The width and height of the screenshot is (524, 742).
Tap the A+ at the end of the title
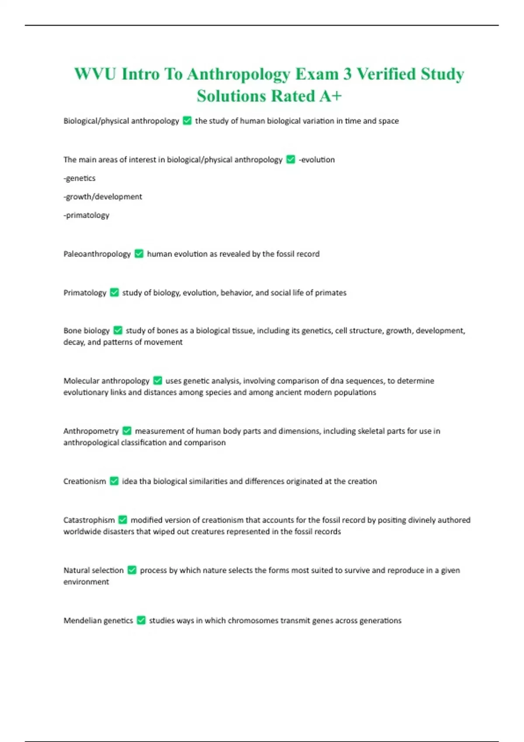pyautogui.click(x=330, y=96)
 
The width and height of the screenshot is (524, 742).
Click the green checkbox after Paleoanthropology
pyautogui.click(x=139, y=254)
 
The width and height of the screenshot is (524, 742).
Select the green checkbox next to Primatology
pyautogui.click(x=114, y=292)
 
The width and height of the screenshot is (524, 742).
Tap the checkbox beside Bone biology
pyautogui.click(x=118, y=330)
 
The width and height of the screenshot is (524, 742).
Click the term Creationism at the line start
pyautogui.click(x=85, y=481)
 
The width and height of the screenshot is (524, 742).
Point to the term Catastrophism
pyautogui.click(x=89, y=520)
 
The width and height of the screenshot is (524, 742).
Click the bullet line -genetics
pyautogui.click(x=79, y=178)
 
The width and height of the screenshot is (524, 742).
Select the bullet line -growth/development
pyautogui.click(x=103, y=196)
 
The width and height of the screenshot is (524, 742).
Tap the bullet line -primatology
pyautogui.click(x=86, y=215)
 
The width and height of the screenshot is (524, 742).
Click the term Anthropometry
pyautogui.click(x=91, y=431)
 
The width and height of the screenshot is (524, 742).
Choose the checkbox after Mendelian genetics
pyautogui.click(x=141, y=620)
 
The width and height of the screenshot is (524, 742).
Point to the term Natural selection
pyautogui.click(x=93, y=570)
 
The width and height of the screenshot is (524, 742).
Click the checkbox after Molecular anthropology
pyautogui.click(x=158, y=381)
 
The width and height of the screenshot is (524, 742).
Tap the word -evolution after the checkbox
pyautogui.click(x=317, y=160)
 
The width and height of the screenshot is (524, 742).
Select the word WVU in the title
pyautogui.click(x=95, y=74)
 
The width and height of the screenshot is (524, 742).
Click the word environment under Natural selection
pyautogui.click(x=86, y=582)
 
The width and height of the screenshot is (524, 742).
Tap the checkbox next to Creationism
pyautogui.click(x=114, y=481)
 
